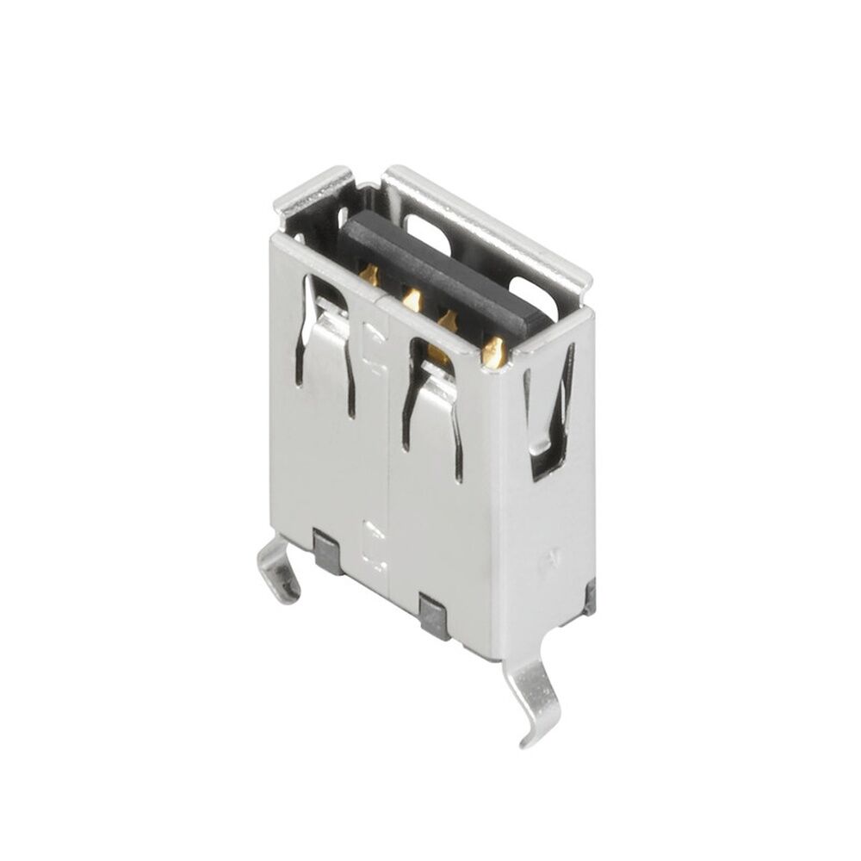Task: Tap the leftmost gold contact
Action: coord(370,276)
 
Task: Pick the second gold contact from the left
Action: coord(412,300)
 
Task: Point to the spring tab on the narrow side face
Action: coord(548,413)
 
